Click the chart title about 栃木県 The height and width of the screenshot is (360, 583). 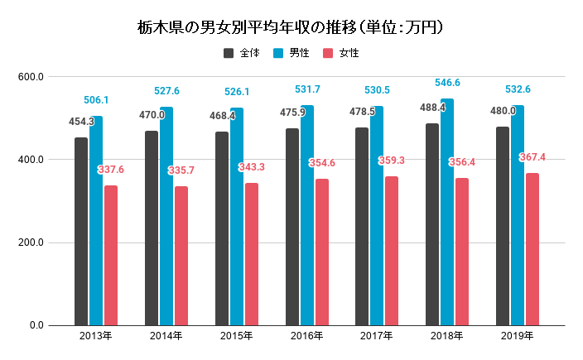(291, 27)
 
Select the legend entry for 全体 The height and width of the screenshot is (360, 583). (242, 53)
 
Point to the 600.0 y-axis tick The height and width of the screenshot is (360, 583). (31, 77)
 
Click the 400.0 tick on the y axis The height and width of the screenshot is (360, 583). (31, 160)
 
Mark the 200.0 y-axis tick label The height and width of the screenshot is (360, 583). (31, 242)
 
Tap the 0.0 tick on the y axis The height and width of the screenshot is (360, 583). (36, 325)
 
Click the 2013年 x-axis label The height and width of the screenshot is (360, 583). (96, 336)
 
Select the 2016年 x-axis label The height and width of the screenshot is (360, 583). (306, 336)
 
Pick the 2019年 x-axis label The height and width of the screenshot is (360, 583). (518, 336)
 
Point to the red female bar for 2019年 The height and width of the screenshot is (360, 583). (532, 249)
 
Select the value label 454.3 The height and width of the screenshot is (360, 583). (81, 121)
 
